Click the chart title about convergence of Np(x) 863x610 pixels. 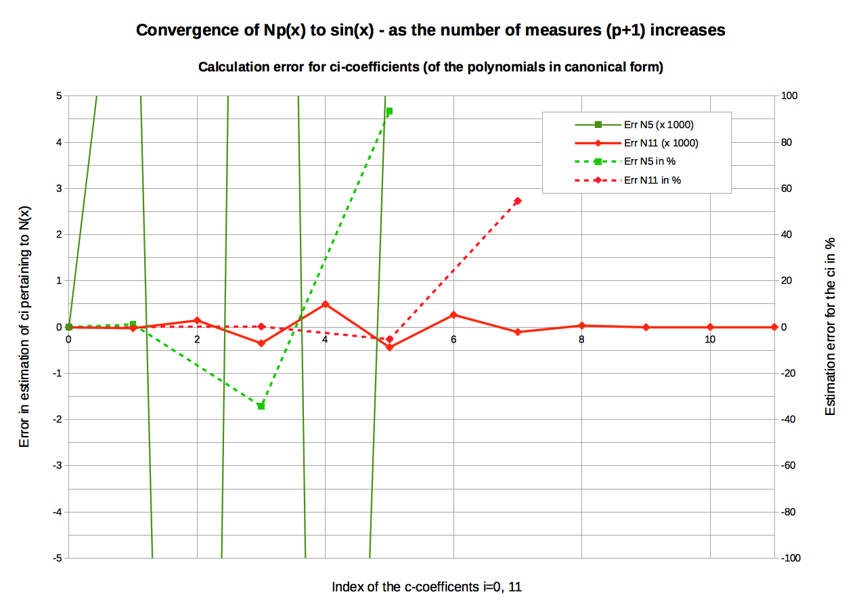430,30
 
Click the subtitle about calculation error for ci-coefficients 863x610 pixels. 430,67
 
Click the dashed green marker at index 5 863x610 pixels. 389,112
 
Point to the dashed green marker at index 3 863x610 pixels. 261,406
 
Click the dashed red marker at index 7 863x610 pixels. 518,201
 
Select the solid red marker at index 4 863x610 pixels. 325,304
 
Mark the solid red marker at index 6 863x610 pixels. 453,315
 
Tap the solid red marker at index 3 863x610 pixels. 261,343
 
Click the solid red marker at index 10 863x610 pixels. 710,327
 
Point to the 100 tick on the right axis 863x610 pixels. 790,96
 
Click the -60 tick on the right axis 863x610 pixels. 790,466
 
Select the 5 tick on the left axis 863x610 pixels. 59,96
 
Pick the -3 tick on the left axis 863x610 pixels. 58,466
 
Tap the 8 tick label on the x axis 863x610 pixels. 581,339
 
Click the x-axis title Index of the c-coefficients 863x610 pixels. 426,587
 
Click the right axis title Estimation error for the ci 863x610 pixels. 831,326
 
